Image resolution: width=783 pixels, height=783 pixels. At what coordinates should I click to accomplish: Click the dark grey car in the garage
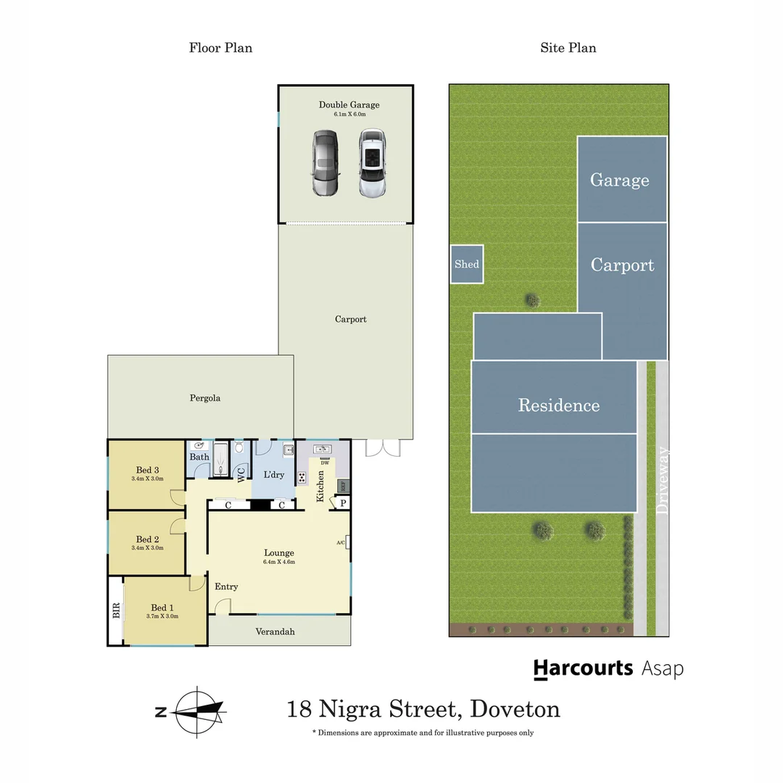click(326, 163)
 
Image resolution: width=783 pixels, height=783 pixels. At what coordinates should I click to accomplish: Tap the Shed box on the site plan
click(466, 264)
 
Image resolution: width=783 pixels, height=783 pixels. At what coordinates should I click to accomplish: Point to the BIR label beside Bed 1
click(116, 610)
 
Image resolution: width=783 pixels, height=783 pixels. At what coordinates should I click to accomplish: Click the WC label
click(241, 474)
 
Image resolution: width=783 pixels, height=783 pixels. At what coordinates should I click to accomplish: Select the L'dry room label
click(273, 475)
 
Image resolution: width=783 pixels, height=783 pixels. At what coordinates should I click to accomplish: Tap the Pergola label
click(205, 398)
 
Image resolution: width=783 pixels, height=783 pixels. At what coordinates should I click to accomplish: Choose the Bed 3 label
click(147, 470)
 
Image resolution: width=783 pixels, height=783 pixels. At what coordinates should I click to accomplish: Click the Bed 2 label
click(147, 539)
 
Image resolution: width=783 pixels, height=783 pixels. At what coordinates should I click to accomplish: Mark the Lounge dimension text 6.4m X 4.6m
click(278, 562)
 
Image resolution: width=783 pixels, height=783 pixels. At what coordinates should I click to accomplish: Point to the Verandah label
click(275, 631)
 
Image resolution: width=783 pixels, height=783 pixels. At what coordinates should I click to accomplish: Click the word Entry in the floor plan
click(226, 587)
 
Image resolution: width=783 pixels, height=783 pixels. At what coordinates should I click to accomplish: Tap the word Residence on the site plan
click(558, 405)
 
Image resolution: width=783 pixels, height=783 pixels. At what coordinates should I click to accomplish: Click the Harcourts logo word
click(583, 668)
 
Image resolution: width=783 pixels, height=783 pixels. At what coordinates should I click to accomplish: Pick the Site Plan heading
click(568, 48)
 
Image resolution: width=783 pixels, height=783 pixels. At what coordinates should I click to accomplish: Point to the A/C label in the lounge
click(340, 542)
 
